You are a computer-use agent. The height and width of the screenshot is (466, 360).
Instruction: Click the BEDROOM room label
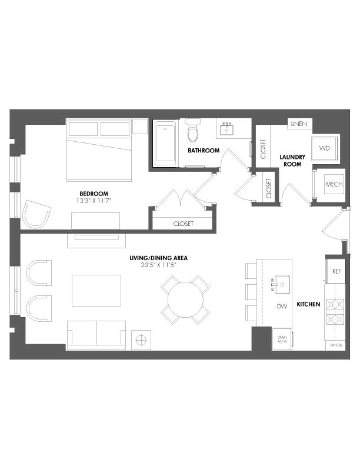click(x=94, y=194)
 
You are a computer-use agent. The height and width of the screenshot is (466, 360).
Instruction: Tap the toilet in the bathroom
click(x=193, y=130)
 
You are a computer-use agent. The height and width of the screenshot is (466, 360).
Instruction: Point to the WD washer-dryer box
click(x=325, y=148)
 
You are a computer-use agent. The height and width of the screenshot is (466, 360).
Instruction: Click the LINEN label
click(x=299, y=124)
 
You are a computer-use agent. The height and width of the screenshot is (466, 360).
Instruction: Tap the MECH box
click(x=334, y=184)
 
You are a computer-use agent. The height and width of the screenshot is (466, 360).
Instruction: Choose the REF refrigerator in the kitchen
click(x=336, y=271)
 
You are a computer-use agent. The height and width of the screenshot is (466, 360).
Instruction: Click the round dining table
click(x=186, y=299)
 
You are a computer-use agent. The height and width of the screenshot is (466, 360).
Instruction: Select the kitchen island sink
click(x=282, y=284)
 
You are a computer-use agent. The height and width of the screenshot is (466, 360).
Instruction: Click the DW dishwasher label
click(x=282, y=307)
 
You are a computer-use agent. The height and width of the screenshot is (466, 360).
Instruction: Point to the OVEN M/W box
click(x=282, y=339)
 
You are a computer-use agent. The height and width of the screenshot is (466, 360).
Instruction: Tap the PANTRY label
click(x=336, y=345)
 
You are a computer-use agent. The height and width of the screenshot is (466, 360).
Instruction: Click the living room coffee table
click(x=96, y=291)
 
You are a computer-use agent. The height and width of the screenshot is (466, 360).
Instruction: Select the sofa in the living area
click(x=96, y=335)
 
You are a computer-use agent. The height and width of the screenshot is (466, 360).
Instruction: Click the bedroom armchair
click(x=37, y=214)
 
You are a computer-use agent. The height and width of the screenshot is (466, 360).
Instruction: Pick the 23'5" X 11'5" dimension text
click(x=159, y=265)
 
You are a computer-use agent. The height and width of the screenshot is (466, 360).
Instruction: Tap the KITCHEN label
click(x=308, y=304)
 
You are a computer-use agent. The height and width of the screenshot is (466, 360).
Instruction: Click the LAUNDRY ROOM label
click(x=292, y=161)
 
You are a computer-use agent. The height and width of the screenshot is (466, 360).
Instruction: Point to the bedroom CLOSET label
click(x=184, y=224)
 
